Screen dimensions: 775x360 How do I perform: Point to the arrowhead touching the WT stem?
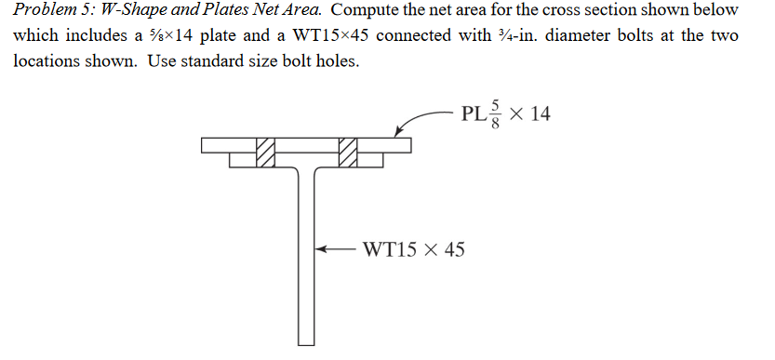click(x=321, y=249)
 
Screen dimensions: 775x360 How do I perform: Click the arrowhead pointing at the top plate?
click(x=401, y=135)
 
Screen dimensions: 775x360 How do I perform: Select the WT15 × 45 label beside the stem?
click(x=413, y=249)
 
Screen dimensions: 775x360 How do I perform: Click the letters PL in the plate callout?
click(x=472, y=115)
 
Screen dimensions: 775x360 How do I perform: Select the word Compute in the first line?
click(x=367, y=11)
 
